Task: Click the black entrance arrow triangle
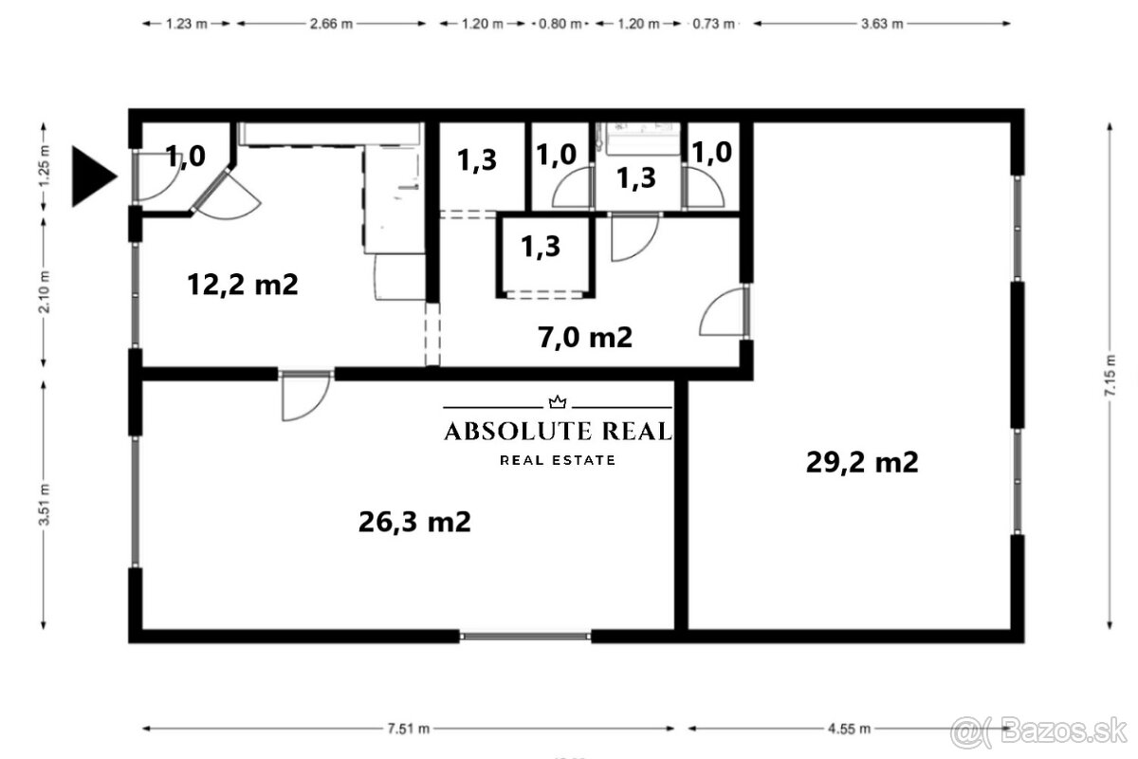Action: [92, 176]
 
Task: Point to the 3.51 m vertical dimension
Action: [45, 509]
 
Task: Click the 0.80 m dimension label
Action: [560, 25]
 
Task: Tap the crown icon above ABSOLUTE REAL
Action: [558, 402]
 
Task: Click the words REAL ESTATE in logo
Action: [558, 460]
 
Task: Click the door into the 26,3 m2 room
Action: [304, 396]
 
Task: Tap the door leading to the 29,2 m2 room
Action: [725, 312]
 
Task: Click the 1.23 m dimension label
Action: [187, 25]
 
